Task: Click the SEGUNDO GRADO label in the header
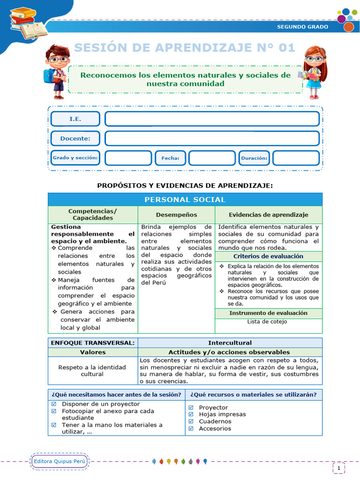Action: pyautogui.click(x=302, y=27)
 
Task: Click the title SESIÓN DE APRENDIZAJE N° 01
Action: pyautogui.click(x=185, y=48)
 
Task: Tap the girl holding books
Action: pyautogui.click(x=313, y=72)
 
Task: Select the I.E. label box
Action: pyautogui.click(x=75, y=119)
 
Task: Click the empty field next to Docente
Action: pyautogui.click(x=212, y=138)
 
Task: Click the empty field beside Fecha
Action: pyautogui.click(x=211, y=158)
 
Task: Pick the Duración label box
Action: pyautogui.click(x=254, y=158)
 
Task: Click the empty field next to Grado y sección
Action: pyautogui.click(x=128, y=158)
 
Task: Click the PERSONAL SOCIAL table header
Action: pyautogui.click(x=185, y=200)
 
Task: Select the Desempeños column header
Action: pyautogui.click(x=176, y=215)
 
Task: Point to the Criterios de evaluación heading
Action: pyautogui.click(x=268, y=256)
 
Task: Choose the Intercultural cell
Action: pyautogui.click(x=230, y=343)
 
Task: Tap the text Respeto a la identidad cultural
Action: pyautogui.click(x=92, y=371)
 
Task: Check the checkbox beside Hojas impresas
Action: pyautogui.click(x=191, y=414)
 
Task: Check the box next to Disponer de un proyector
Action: pyautogui.click(x=53, y=404)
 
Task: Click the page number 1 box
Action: pyautogui.click(x=338, y=467)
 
